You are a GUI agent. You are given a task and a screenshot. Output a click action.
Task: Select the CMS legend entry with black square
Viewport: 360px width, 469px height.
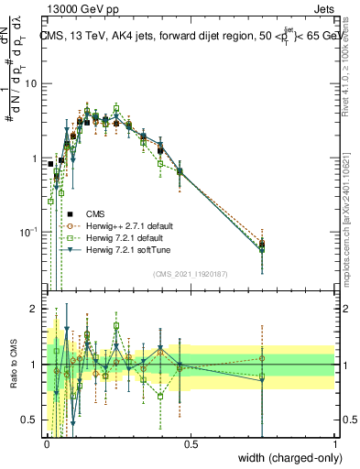[101, 213]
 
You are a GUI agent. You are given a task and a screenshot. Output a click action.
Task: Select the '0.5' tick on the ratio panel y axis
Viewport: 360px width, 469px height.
[28, 420]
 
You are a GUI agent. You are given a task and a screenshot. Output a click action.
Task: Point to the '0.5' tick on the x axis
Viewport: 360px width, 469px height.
[191, 444]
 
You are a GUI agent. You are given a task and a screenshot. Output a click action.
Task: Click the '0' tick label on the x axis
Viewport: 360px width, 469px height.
[47, 444]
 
